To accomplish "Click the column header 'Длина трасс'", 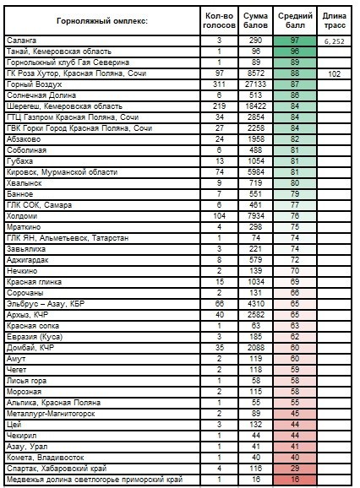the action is [334, 20].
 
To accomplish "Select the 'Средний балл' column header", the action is [295, 20].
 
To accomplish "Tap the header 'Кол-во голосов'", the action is [219, 20].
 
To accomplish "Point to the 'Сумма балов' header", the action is [255, 20].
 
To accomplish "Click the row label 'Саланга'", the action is [21, 41].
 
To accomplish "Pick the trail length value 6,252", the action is [334, 41].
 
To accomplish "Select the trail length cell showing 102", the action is [334, 74].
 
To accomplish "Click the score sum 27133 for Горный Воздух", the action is [255, 84].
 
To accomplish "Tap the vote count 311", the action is [219, 84].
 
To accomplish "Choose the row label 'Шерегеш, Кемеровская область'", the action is [64, 106].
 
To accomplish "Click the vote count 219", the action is [219, 106].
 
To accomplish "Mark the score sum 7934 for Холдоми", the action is [255, 216].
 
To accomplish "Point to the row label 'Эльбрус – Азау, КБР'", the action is [46, 304].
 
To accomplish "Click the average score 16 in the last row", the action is [295, 480].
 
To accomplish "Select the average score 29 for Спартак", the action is [295, 469].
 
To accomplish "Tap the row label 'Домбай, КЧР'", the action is [30, 348].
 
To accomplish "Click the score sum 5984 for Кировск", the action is [255, 172].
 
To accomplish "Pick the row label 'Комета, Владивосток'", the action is [45, 458].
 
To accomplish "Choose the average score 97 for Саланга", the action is [295, 41].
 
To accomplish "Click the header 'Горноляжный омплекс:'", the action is [102, 21].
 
